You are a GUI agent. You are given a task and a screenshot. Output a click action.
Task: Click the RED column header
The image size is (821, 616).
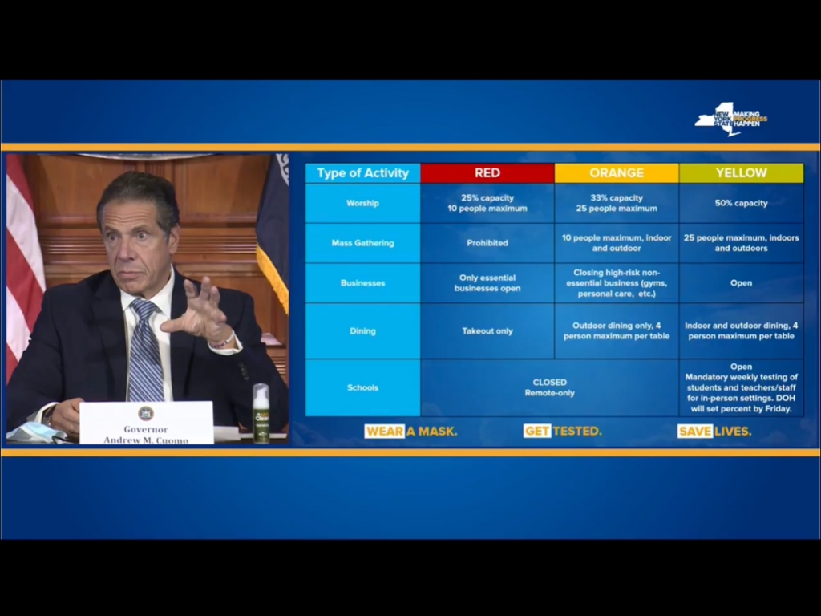click(x=487, y=173)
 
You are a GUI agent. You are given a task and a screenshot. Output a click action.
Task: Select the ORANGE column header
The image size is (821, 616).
click(x=617, y=173)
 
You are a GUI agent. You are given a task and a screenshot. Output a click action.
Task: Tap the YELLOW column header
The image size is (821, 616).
click(x=741, y=173)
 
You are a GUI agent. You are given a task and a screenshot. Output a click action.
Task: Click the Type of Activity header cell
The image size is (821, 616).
click(x=362, y=173)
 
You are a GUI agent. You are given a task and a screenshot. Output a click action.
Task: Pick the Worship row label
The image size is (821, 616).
click(x=362, y=203)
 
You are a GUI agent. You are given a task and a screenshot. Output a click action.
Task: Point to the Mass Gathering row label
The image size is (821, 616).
click(x=362, y=243)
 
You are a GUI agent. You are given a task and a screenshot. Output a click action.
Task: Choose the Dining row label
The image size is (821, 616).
click(x=362, y=331)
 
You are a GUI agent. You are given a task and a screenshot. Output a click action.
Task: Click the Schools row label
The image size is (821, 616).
click(x=362, y=387)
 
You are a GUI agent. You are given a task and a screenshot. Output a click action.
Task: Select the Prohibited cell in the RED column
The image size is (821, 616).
click(x=487, y=243)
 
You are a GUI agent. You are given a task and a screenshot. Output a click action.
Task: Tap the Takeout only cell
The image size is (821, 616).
click(x=487, y=331)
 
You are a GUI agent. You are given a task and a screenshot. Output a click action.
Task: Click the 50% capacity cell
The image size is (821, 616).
click(x=741, y=203)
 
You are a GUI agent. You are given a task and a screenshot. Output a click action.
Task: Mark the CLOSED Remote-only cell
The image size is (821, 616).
click(x=549, y=387)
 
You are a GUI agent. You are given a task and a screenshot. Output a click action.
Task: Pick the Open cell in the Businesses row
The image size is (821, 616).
click(x=741, y=283)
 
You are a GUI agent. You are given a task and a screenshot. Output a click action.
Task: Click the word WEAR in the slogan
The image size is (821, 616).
click(x=384, y=431)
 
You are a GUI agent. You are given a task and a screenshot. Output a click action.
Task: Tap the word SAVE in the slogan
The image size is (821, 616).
click(x=695, y=431)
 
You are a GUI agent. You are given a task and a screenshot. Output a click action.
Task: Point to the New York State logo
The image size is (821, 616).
click(x=730, y=119)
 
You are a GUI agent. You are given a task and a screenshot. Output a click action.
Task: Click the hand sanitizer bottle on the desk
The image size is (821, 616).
click(x=261, y=413)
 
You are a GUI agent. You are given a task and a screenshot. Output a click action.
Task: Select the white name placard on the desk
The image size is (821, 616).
click(x=146, y=423)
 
